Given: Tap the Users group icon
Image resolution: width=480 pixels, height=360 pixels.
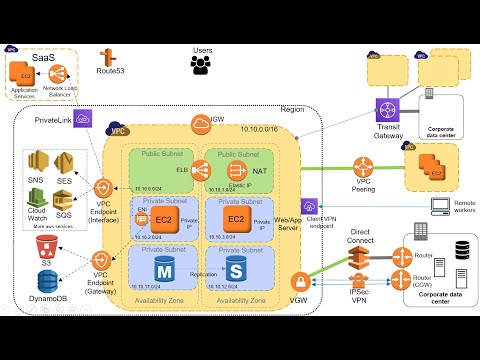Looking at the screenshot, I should pyautogui.click(x=203, y=65).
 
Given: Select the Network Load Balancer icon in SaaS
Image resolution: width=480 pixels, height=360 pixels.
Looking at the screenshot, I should pyautogui.click(x=66, y=74).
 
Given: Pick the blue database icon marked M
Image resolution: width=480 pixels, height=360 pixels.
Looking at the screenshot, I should pyautogui.click(x=163, y=270).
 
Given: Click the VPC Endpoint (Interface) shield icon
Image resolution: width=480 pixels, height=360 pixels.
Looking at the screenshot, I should pyautogui.click(x=103, y=189).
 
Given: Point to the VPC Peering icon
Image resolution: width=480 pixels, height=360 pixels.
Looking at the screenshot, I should pyautogui.click(x=364, y=166).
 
